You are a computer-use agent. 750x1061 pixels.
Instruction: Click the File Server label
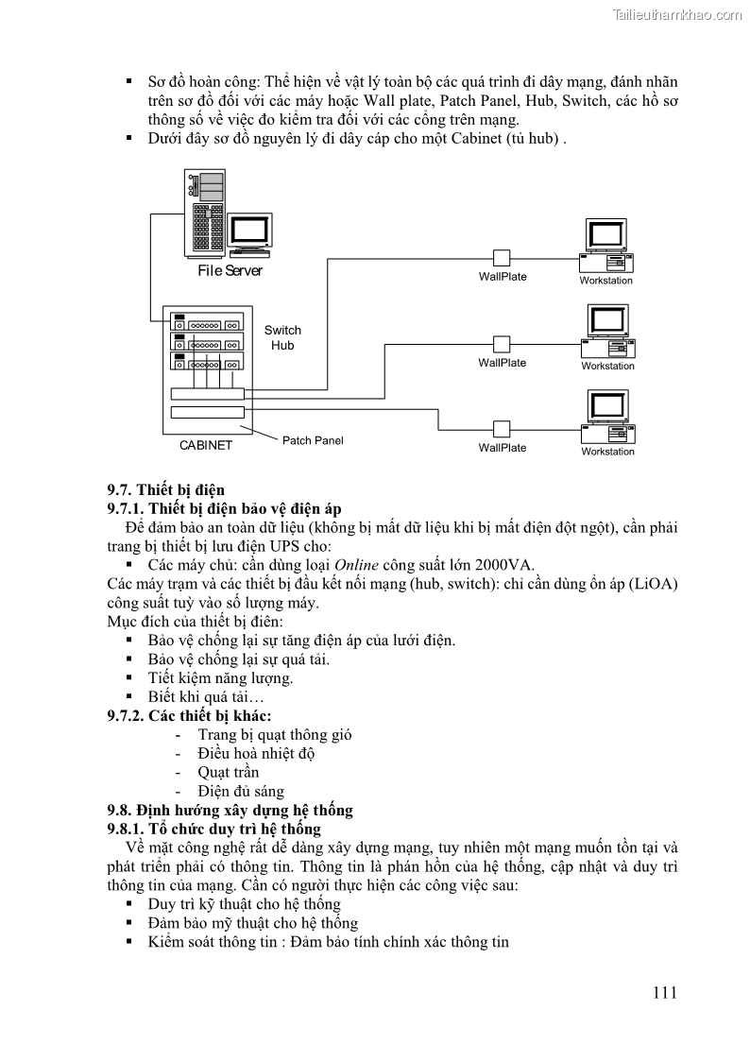pos(230,271)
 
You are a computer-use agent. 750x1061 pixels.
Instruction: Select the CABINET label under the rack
pos(206,446)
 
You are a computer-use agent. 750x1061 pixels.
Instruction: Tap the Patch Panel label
pos(313,440)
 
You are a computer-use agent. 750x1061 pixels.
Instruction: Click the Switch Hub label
pos(282,337)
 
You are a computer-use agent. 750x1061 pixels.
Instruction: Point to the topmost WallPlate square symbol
pos(502,258)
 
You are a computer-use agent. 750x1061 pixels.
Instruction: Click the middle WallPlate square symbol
pos(502,344)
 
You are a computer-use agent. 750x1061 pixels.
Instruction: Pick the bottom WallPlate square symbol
pos(502,429)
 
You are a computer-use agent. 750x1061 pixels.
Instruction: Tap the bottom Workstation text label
pos(607,452)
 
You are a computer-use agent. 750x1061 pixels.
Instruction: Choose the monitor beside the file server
pos(250,231)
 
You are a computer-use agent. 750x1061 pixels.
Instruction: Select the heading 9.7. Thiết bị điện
pos(165,489)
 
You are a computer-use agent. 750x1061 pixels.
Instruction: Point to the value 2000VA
pos(503,565)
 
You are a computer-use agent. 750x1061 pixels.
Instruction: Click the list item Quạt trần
pos(228,772)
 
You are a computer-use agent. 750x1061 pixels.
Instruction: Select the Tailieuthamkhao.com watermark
pos(676,15)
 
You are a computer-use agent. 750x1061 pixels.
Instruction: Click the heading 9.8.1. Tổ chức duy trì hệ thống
pos(213,829)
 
